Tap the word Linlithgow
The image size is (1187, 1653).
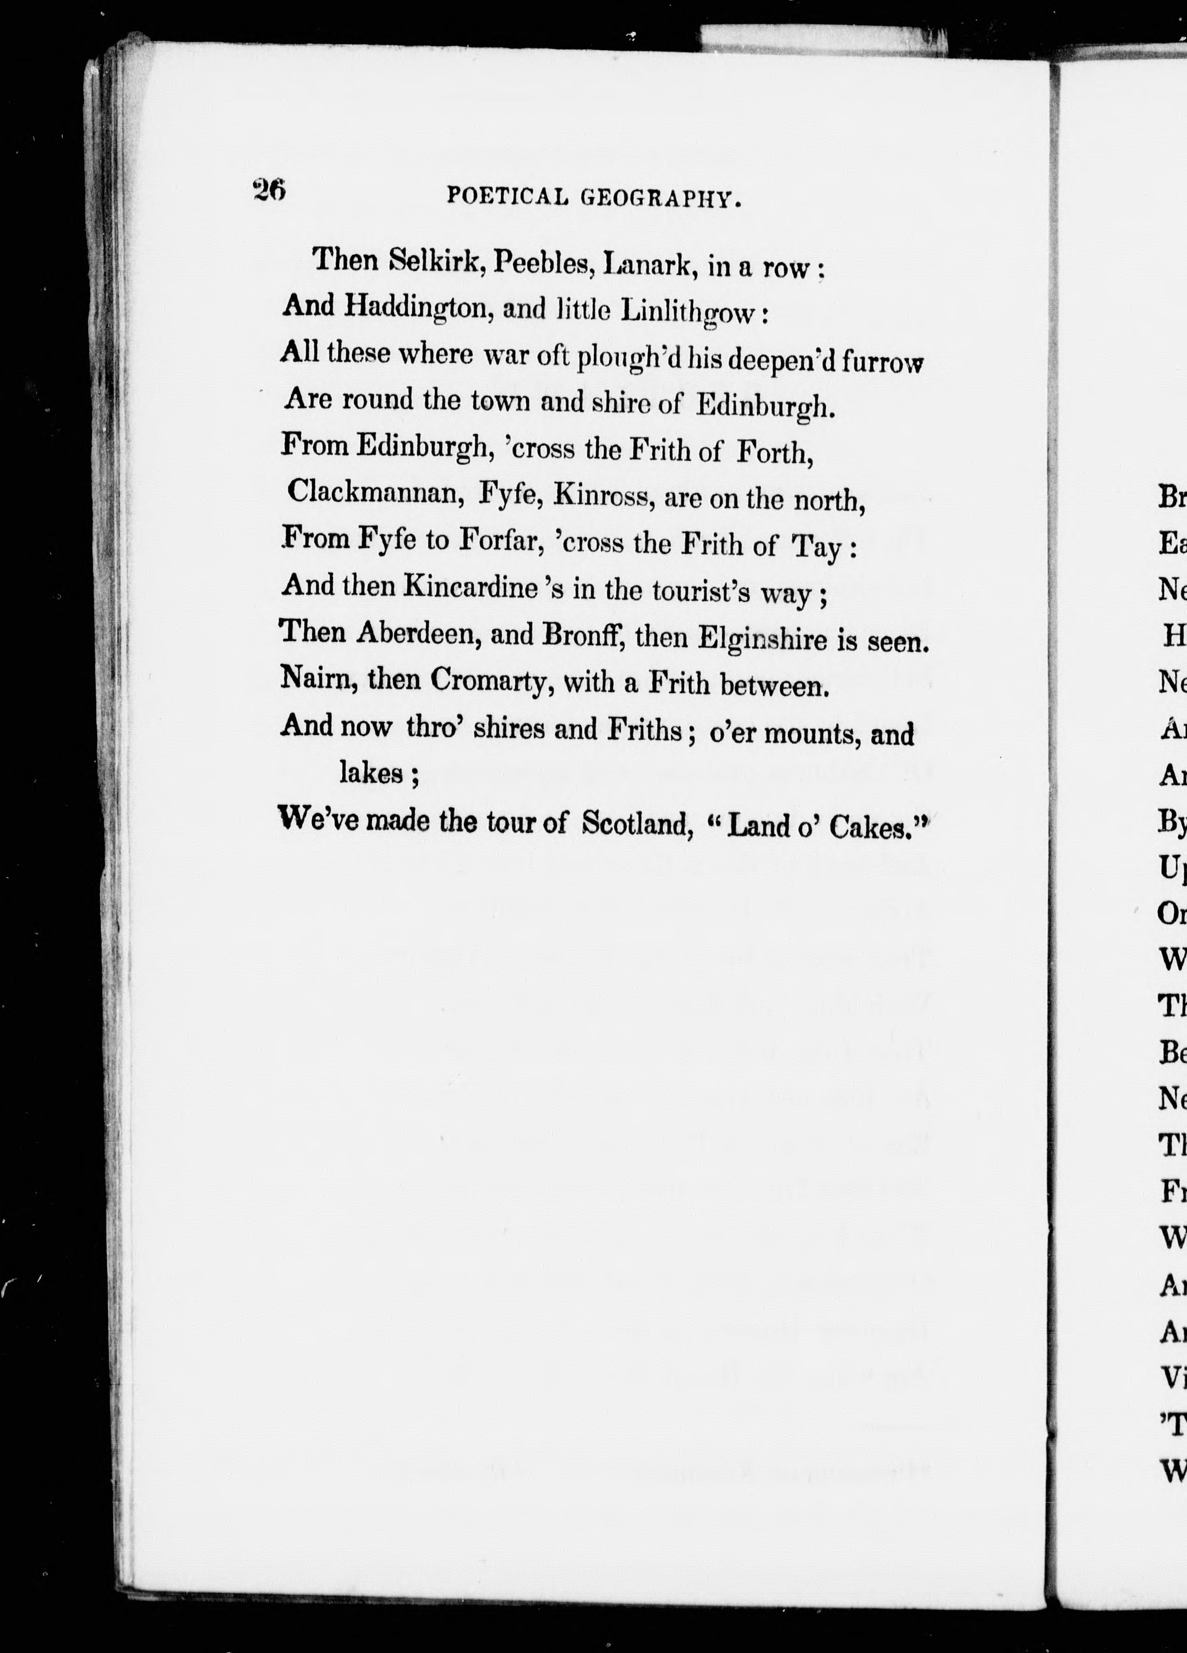pos(685,312)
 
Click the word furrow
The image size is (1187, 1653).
pos(882,362)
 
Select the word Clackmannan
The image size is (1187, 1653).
pos(376,492)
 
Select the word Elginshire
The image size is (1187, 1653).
pos(762,639)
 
